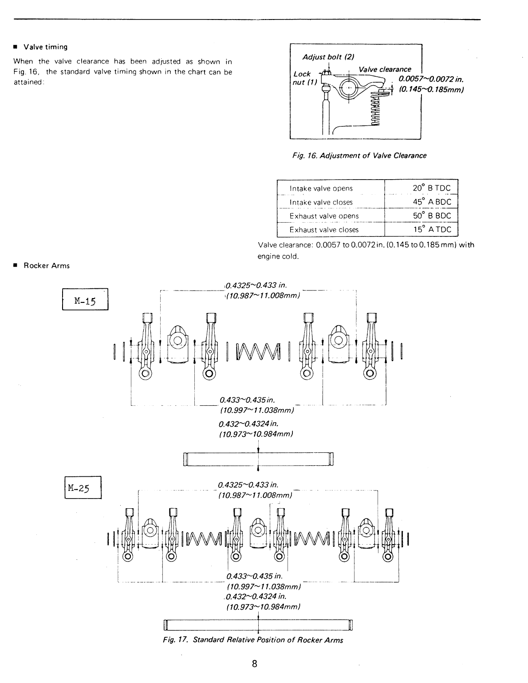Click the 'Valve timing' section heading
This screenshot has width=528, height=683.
tap(45, 47)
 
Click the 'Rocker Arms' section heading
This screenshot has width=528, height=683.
tap(47, 266)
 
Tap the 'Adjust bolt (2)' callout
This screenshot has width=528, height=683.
tap(328, 57)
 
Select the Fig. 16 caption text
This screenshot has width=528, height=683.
tap(359, 156)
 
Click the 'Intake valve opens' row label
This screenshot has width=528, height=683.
tap(321, 188)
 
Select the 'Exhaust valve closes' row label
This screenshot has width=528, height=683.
tap(324, 230)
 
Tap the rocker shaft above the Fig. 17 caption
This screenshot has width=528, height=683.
tap(258, 625)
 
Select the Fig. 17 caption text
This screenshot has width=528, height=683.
tap(253, 640)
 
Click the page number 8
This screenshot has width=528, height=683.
tap(255, 664)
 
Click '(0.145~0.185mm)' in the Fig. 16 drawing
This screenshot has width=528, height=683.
tap(431, 90)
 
